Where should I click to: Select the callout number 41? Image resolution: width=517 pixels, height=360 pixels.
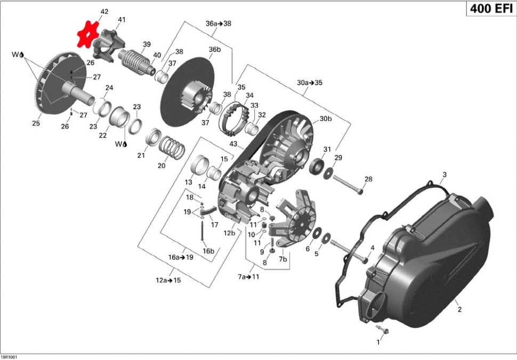pyautogui.click(x=122, y=20)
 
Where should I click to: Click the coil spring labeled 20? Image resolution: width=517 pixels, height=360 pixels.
pyautogui.click(x=172, y=147)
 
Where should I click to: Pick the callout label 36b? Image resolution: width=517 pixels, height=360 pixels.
pyautogui.click(x=214, y=50)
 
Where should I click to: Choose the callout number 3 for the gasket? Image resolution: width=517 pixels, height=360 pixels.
pyautogui.click(x=445, y=175)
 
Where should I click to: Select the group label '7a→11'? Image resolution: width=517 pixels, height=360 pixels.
pyautogui.click(x=248, y=277)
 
